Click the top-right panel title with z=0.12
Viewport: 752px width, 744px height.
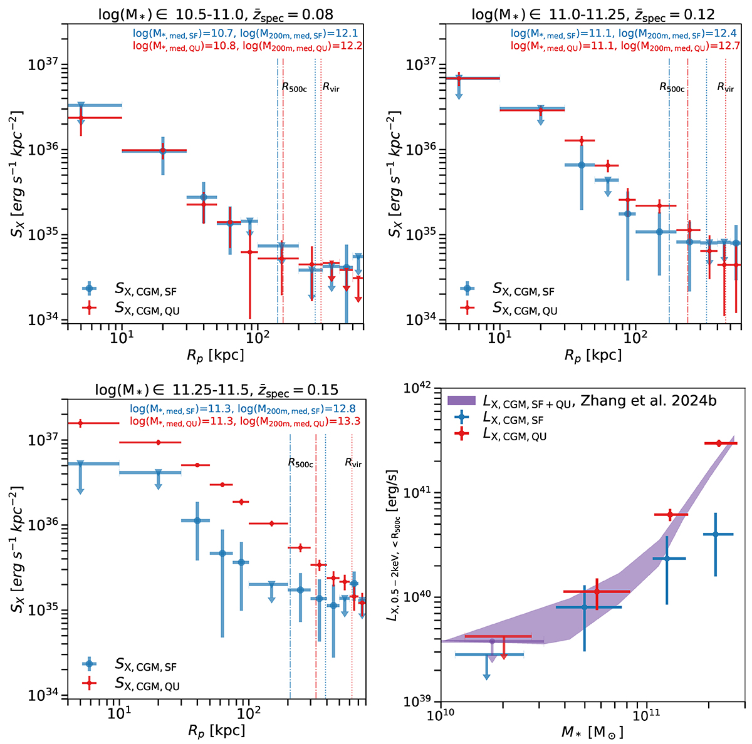pos(595,14)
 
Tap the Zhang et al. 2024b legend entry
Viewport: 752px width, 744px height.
pos(564,403)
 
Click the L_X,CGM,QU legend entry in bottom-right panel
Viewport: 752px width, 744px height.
pos(514,435)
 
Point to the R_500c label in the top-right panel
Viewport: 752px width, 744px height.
pos(672,88)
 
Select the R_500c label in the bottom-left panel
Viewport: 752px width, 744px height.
pos(300,463)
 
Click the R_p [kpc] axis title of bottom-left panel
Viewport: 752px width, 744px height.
pos(217,730)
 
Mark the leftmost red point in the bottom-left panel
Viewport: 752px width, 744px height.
pos(80,423)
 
